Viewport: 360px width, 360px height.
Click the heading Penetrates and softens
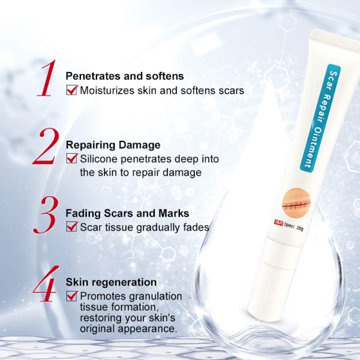pyautogui.click(x=124, y=77)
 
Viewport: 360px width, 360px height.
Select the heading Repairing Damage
pyautogui.click(x=113, y=145)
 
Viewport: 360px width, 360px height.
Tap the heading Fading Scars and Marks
pyautogui.click(x=127, y=214)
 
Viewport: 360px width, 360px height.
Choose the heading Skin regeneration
pyautogui.click(x=111, y=282)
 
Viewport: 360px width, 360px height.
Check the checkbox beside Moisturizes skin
pyautogui.click(x=72, y=91)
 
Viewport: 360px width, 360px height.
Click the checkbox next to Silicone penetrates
pyautogui.click(x=72, y=159)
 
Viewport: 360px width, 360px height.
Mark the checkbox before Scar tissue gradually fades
pyautogui.click(x=72, y=227)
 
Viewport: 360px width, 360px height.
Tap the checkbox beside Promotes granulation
pyautogui.click(x=72, y=296)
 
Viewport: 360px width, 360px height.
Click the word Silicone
pyautogui.click(x=101, y=159)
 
